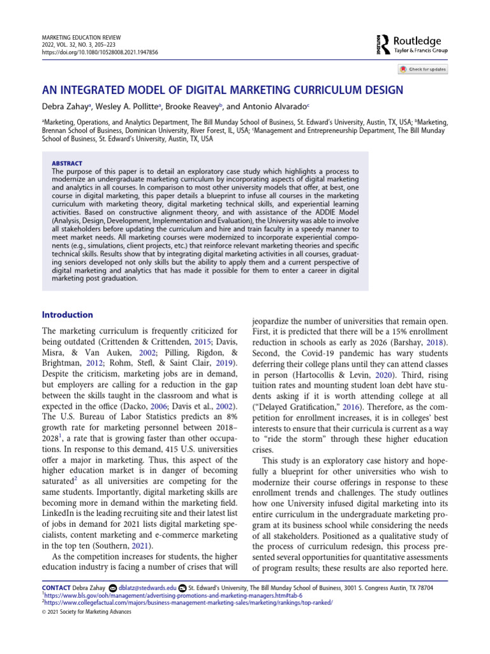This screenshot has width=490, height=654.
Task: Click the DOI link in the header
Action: coord(100,52)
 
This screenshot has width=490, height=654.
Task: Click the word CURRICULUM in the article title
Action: coord(317,89)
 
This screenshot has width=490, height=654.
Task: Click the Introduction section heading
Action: coord(67,315)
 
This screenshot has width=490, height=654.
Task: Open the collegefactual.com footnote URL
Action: coord(188,602)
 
